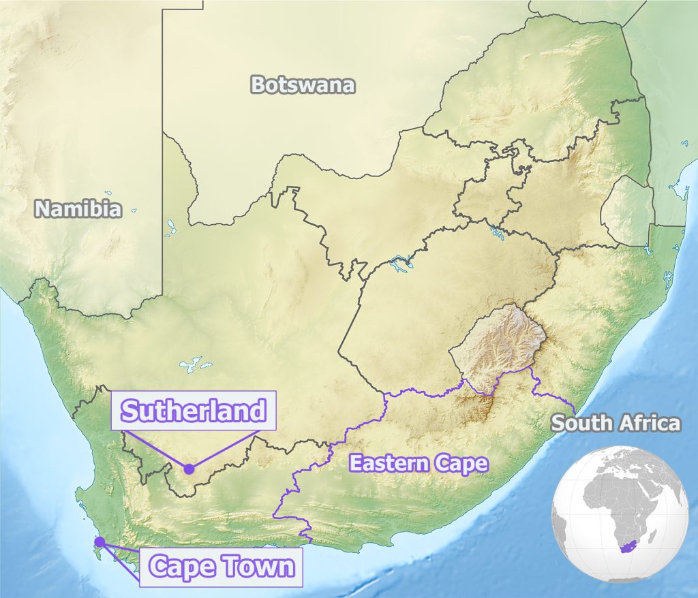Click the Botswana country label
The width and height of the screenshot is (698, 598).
pyautogui.click(x=303, y=85)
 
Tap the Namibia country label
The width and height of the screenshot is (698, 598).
pyautogui.click(x=78, y=208)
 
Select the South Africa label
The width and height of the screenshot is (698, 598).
pyautogui.click(x=616, y=423)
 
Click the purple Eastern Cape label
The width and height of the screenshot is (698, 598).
pyautogui.click(x=419, y=464)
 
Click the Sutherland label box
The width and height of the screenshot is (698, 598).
pyautogui.click(x=193, y=411)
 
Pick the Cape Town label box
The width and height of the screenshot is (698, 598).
pyautogui.click(x=221, y=566)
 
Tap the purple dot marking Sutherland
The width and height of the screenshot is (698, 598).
pyautogui.click(x=189, y=469)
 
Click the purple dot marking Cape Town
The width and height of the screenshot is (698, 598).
pyautogui.click(x=100, y=542)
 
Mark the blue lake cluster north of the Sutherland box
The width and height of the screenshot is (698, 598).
pyautogui.click(x=194, y=363)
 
